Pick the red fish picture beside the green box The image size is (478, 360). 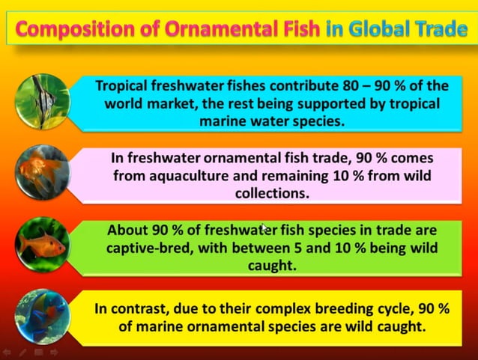42,244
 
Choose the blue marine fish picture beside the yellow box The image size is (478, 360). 42,314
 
